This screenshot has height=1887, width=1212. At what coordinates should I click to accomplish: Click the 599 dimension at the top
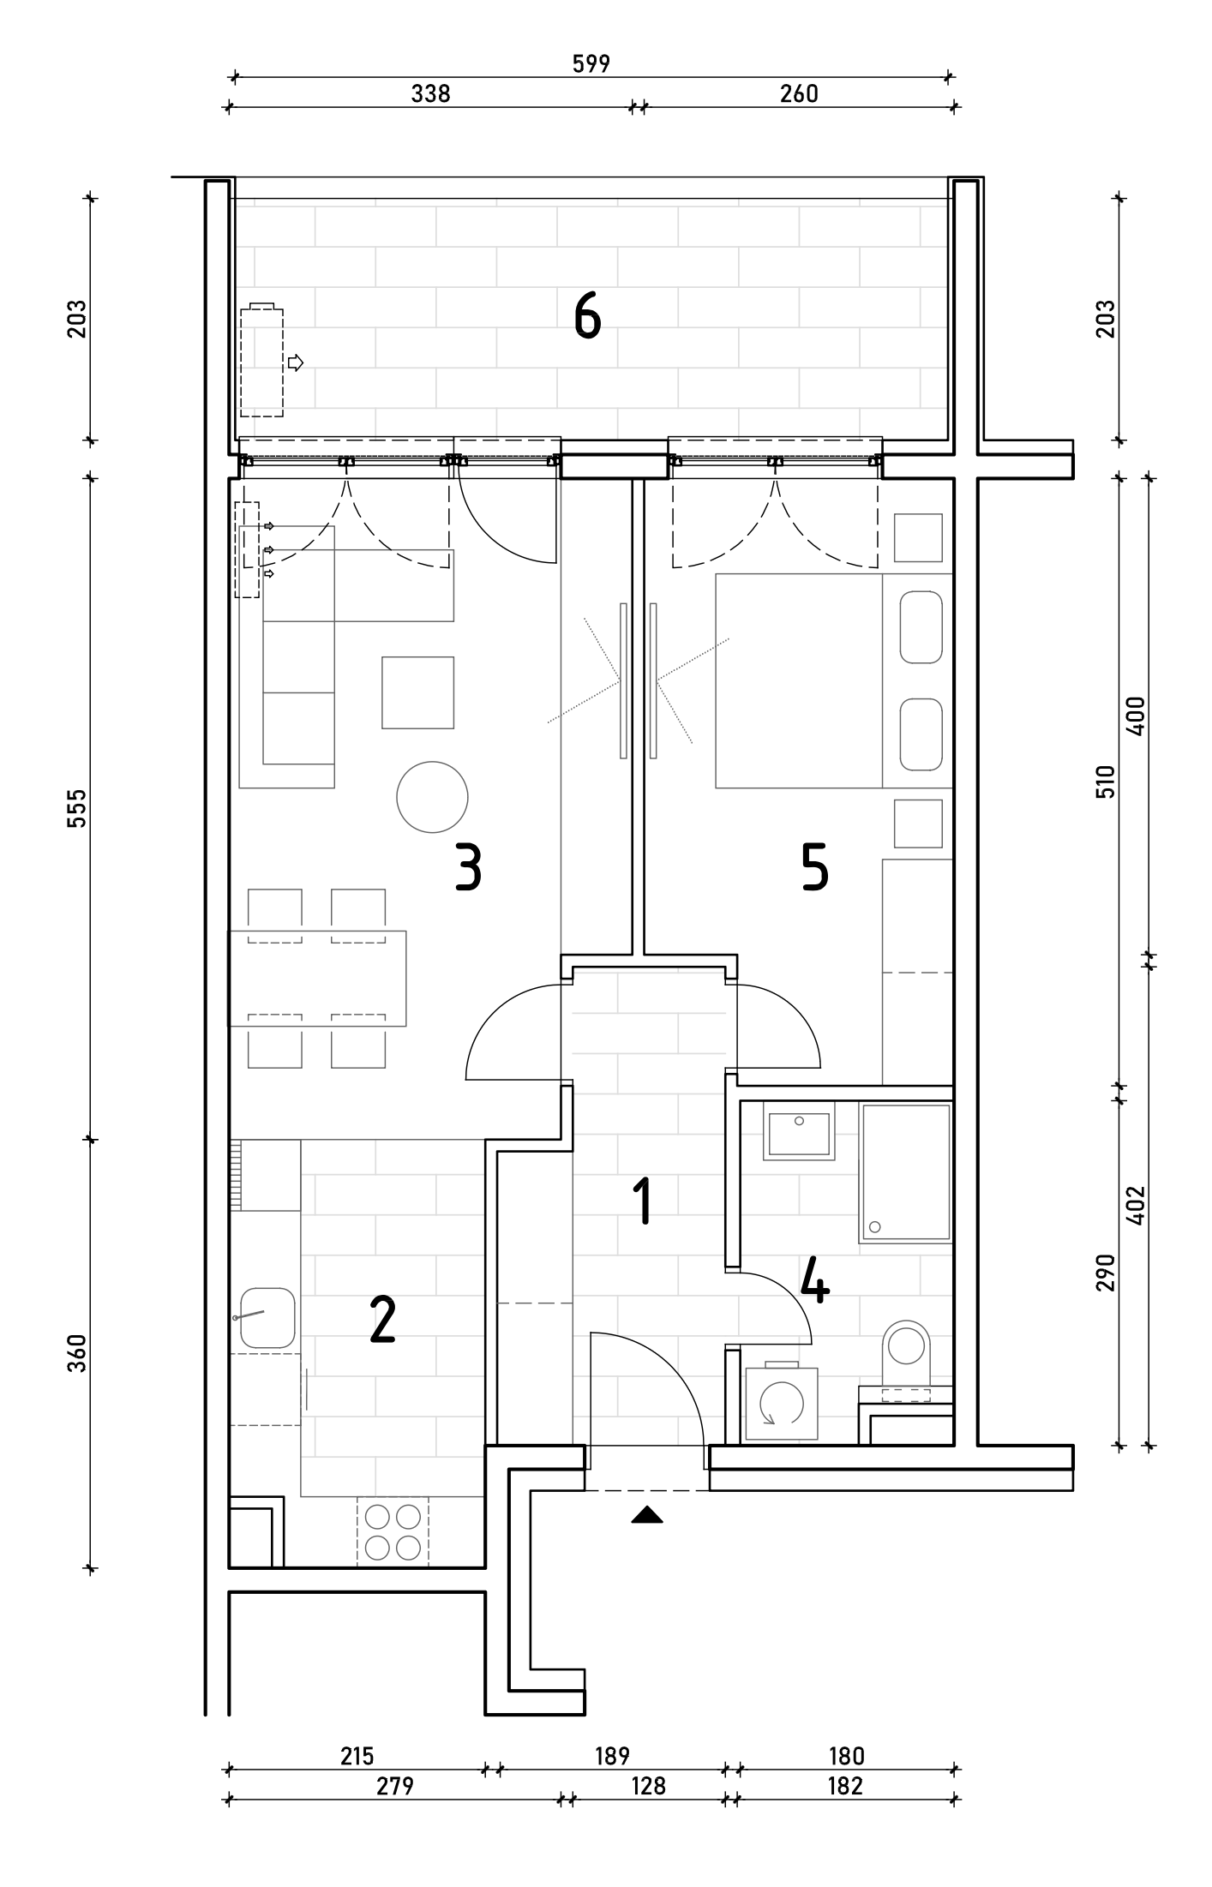[x=591, y=63]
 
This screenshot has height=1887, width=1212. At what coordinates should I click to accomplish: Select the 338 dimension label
[x=430, y=93]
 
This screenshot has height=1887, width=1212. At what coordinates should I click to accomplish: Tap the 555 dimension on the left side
[x=77, y=807]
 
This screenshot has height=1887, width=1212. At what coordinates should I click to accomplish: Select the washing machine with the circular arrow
[x=781, y=1403]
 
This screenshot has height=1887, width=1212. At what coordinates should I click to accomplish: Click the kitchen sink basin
[x=267, y=1317]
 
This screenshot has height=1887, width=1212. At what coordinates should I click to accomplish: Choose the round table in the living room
[x=432, y=797]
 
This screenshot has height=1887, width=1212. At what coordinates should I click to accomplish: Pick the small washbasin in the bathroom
[x=799, y=1131]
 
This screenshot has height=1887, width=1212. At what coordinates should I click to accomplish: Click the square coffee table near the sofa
[x=417, y=692]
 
